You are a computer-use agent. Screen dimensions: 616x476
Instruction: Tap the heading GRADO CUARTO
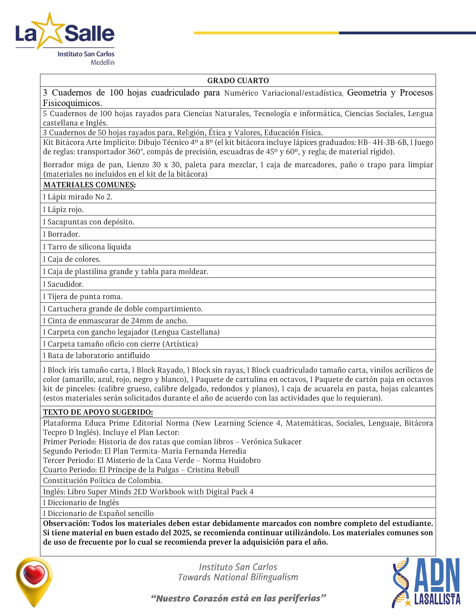click(238, 81)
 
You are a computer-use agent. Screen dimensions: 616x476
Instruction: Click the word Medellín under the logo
click(102, 62)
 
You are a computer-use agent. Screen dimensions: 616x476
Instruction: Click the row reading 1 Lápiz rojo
click(63, 209)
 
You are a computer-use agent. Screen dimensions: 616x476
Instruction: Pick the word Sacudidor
click(65, 284)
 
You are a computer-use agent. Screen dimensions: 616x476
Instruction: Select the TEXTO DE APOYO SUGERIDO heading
click(98, 412)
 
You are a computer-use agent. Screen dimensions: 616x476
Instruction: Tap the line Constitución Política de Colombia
click(103, 480)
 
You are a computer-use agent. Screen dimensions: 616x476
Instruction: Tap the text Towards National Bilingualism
click(238, 577)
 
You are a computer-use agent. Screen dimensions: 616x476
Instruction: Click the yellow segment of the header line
click(266, 33)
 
